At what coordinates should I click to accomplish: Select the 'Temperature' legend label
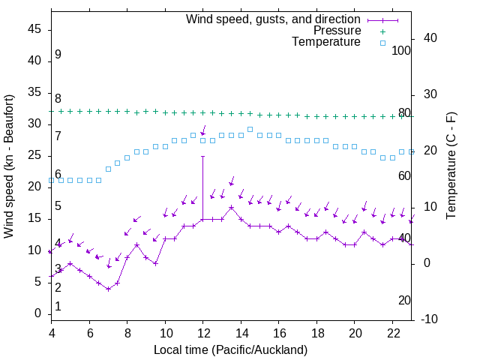326,42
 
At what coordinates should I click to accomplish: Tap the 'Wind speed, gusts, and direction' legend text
273,19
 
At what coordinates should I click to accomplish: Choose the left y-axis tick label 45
35,30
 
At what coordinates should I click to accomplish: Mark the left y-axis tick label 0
38,313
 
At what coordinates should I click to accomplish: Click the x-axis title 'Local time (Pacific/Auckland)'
230,350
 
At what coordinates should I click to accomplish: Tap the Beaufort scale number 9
58,55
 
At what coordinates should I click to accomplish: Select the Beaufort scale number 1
58,306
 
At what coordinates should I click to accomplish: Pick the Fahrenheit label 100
402,50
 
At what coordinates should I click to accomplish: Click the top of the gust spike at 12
202,156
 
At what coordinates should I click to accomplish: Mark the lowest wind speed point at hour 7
109,289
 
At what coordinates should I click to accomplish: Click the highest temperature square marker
250,129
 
